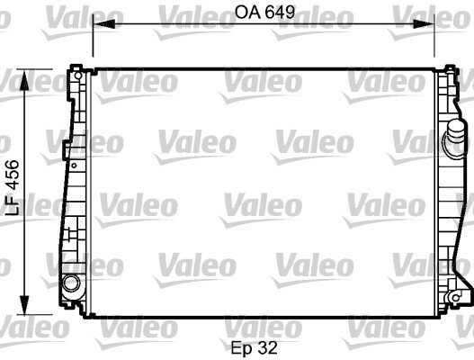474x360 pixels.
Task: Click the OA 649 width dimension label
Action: pyautogui.click(x=264, y=13)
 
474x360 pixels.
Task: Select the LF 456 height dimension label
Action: pyautogui.click(x=13, y=187)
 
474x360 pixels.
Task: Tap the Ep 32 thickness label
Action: pyautogui.click(x=254, y=348)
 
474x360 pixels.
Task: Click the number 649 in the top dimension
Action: pyautogui.click(x=280, y=13)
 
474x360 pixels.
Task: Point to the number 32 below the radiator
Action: pyautogui.click(x=267, y=347)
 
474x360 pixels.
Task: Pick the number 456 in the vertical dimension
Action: pyautogui.click(x=13, y=174)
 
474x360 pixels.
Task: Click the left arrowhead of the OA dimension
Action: pyautogui.click(x=104, y=24)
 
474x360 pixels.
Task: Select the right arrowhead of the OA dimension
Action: pyautogui.click(x=424, y=24)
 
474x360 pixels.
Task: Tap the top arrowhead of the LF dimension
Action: pyautogui.click(x=24, y=80)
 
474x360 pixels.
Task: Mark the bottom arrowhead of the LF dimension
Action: pyautogui.click(x=24, y=304)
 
